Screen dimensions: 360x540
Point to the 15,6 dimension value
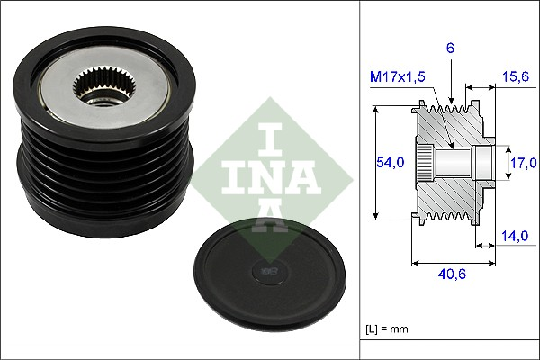pyautogui.click(x=513, y=78)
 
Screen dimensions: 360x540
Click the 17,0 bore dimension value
pyautogui.click(x=521, y=163)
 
